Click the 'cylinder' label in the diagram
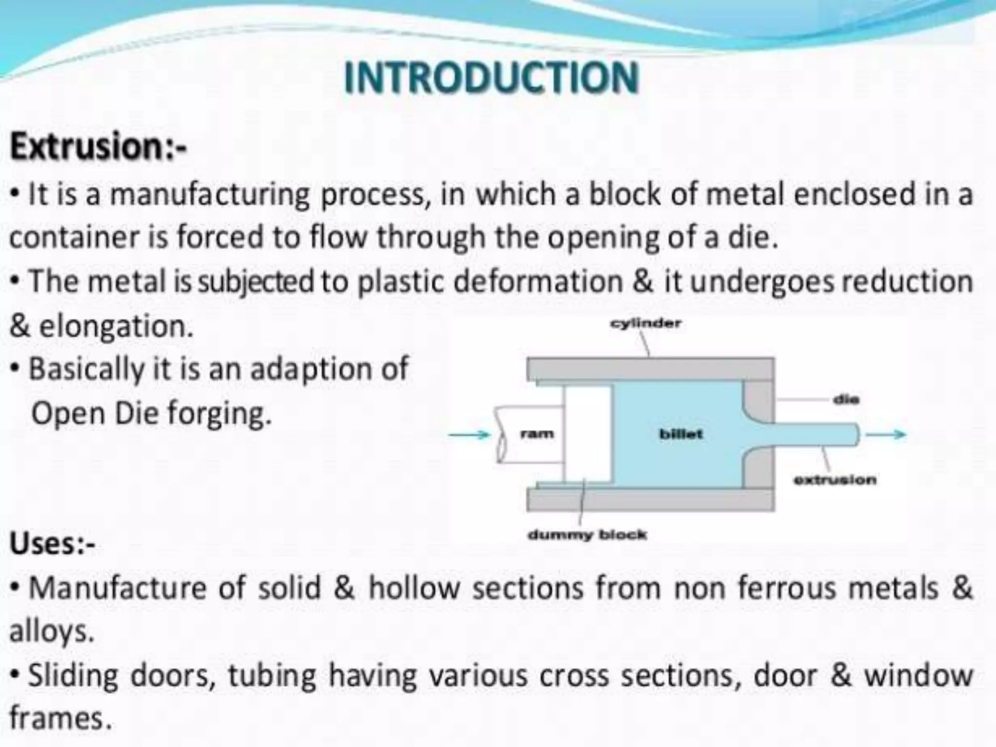point(645,323)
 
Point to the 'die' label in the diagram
point(846,400)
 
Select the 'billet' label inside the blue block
point(681,434)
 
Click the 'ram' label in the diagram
point(537,433)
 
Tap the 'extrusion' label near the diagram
point(835,480)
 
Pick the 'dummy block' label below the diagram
point(587,535)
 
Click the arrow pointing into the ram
point(469,434)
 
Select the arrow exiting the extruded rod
point(886,434)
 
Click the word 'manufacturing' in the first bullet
point(210,194)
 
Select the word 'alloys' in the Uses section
point(51,632)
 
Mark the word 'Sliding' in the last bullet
point(73,676)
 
